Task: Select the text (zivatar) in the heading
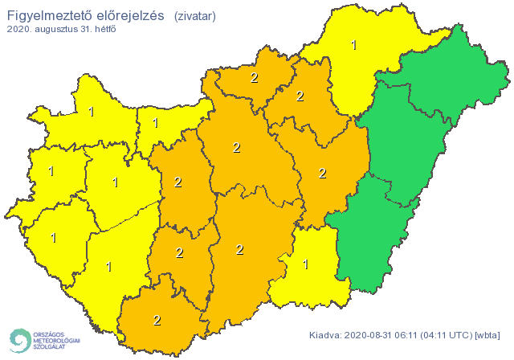194,15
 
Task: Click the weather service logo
43,340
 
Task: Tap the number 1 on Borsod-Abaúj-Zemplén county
354,45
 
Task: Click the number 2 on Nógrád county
255,78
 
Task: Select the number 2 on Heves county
300,96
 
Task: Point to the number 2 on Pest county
236,147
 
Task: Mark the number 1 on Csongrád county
305,263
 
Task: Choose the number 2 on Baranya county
157,320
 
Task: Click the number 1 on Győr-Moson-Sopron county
91,112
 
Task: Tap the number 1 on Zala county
54,238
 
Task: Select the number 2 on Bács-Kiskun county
239,249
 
